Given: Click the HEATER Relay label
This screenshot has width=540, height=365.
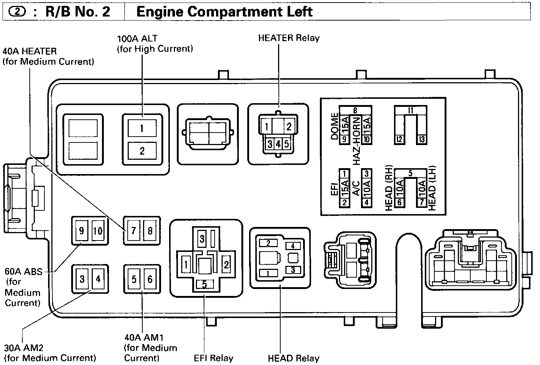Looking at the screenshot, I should coord(289,38).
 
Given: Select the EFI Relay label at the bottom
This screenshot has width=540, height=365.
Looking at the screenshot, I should coord(214,358).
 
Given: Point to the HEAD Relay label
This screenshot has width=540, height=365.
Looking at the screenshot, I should coord(293,358).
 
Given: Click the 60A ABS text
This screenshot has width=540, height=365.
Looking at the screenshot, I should coord(23,272).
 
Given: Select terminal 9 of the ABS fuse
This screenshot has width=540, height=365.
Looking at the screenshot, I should coord(82,231).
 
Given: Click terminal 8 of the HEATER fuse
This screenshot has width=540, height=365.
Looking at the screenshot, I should coord(150,231).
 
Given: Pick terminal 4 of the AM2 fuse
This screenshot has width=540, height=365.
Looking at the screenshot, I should coord(98,279).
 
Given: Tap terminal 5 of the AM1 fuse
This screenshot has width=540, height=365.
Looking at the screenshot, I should coord(134,279).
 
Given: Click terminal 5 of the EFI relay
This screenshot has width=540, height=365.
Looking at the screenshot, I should coord(204,284).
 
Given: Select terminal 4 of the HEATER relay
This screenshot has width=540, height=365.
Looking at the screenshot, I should coord(278,144).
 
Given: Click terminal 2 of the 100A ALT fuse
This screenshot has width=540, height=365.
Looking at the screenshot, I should coord(142,151).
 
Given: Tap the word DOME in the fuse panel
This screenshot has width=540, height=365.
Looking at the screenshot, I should coord(335,126).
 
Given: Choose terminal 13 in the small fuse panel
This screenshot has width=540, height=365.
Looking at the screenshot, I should coord(422,139).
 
